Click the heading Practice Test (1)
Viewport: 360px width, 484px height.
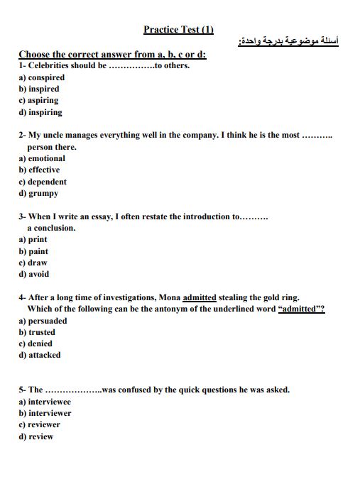(178, 30)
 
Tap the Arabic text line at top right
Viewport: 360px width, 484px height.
(288, 43)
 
